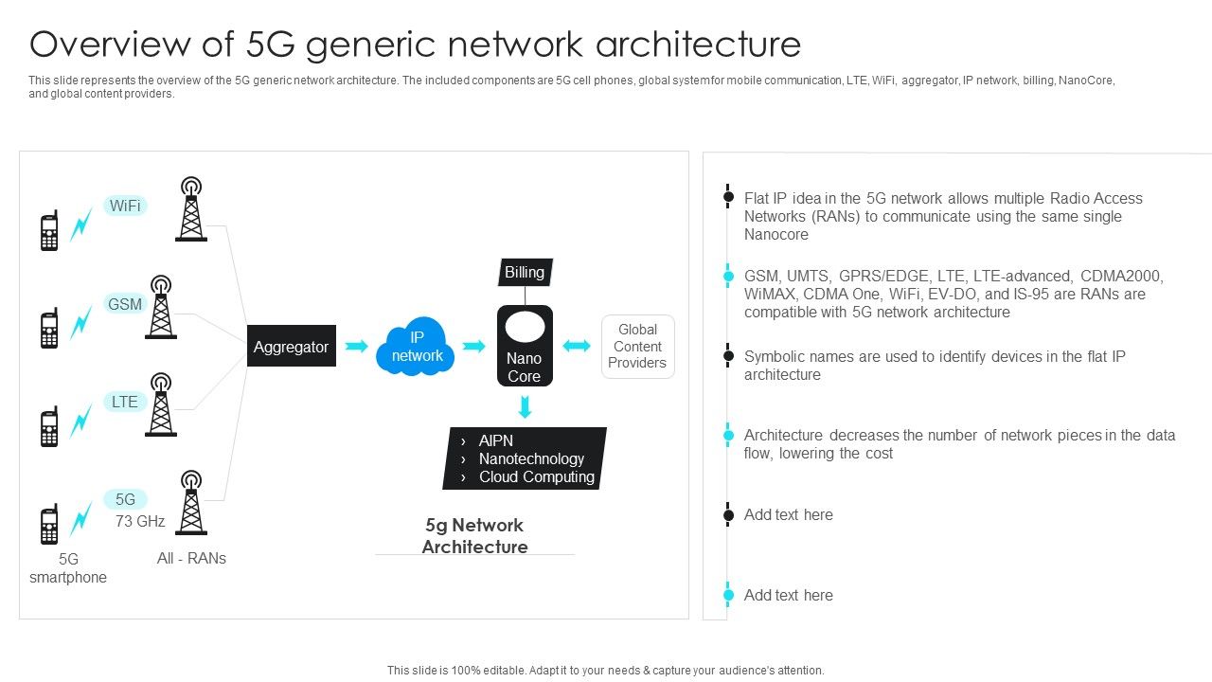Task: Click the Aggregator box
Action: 291,347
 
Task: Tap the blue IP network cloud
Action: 417,348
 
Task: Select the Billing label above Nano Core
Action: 525,273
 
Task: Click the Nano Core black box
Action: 525,347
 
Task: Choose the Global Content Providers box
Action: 637,347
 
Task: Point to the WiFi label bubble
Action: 125,206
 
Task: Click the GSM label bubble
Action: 125,304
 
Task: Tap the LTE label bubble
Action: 125,402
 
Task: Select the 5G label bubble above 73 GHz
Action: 125,499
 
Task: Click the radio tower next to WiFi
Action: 191,209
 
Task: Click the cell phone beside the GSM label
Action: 49,329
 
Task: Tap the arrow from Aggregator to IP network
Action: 356,347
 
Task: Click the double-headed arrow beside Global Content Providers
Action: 577,347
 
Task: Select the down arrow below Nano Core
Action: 525,407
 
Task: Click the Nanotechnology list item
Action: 531,458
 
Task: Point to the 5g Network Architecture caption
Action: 474,536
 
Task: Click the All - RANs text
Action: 191,558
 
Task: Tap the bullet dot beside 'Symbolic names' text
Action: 728,356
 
